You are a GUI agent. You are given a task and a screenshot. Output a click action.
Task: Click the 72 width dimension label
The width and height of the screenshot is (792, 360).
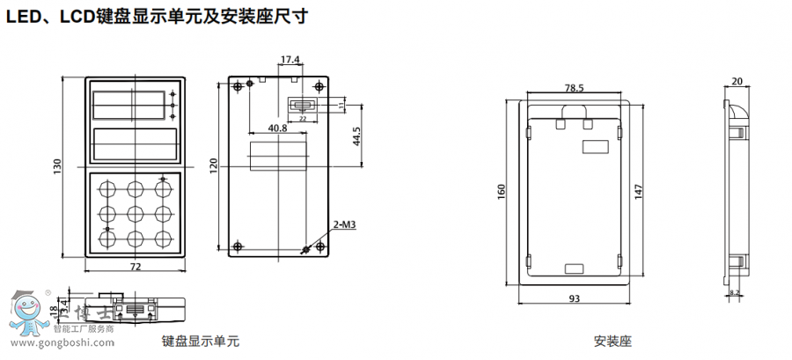click(x=136, y=267)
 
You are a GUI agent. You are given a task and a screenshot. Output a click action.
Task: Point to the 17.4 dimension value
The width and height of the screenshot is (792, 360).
click(x=290, y=60)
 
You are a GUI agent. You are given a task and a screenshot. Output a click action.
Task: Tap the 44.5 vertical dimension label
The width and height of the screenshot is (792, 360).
click(x=356, y=138)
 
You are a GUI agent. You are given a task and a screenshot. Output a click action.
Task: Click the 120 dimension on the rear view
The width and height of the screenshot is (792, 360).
click(x=214, y=165)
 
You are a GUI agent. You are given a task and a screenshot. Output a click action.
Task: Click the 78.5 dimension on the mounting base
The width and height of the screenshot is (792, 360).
click(x=574, y=88)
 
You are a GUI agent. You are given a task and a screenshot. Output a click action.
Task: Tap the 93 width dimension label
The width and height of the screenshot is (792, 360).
click(x=574, y=299)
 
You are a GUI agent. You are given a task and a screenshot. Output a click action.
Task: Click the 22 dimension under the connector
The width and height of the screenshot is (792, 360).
click(x=303, y=117)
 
